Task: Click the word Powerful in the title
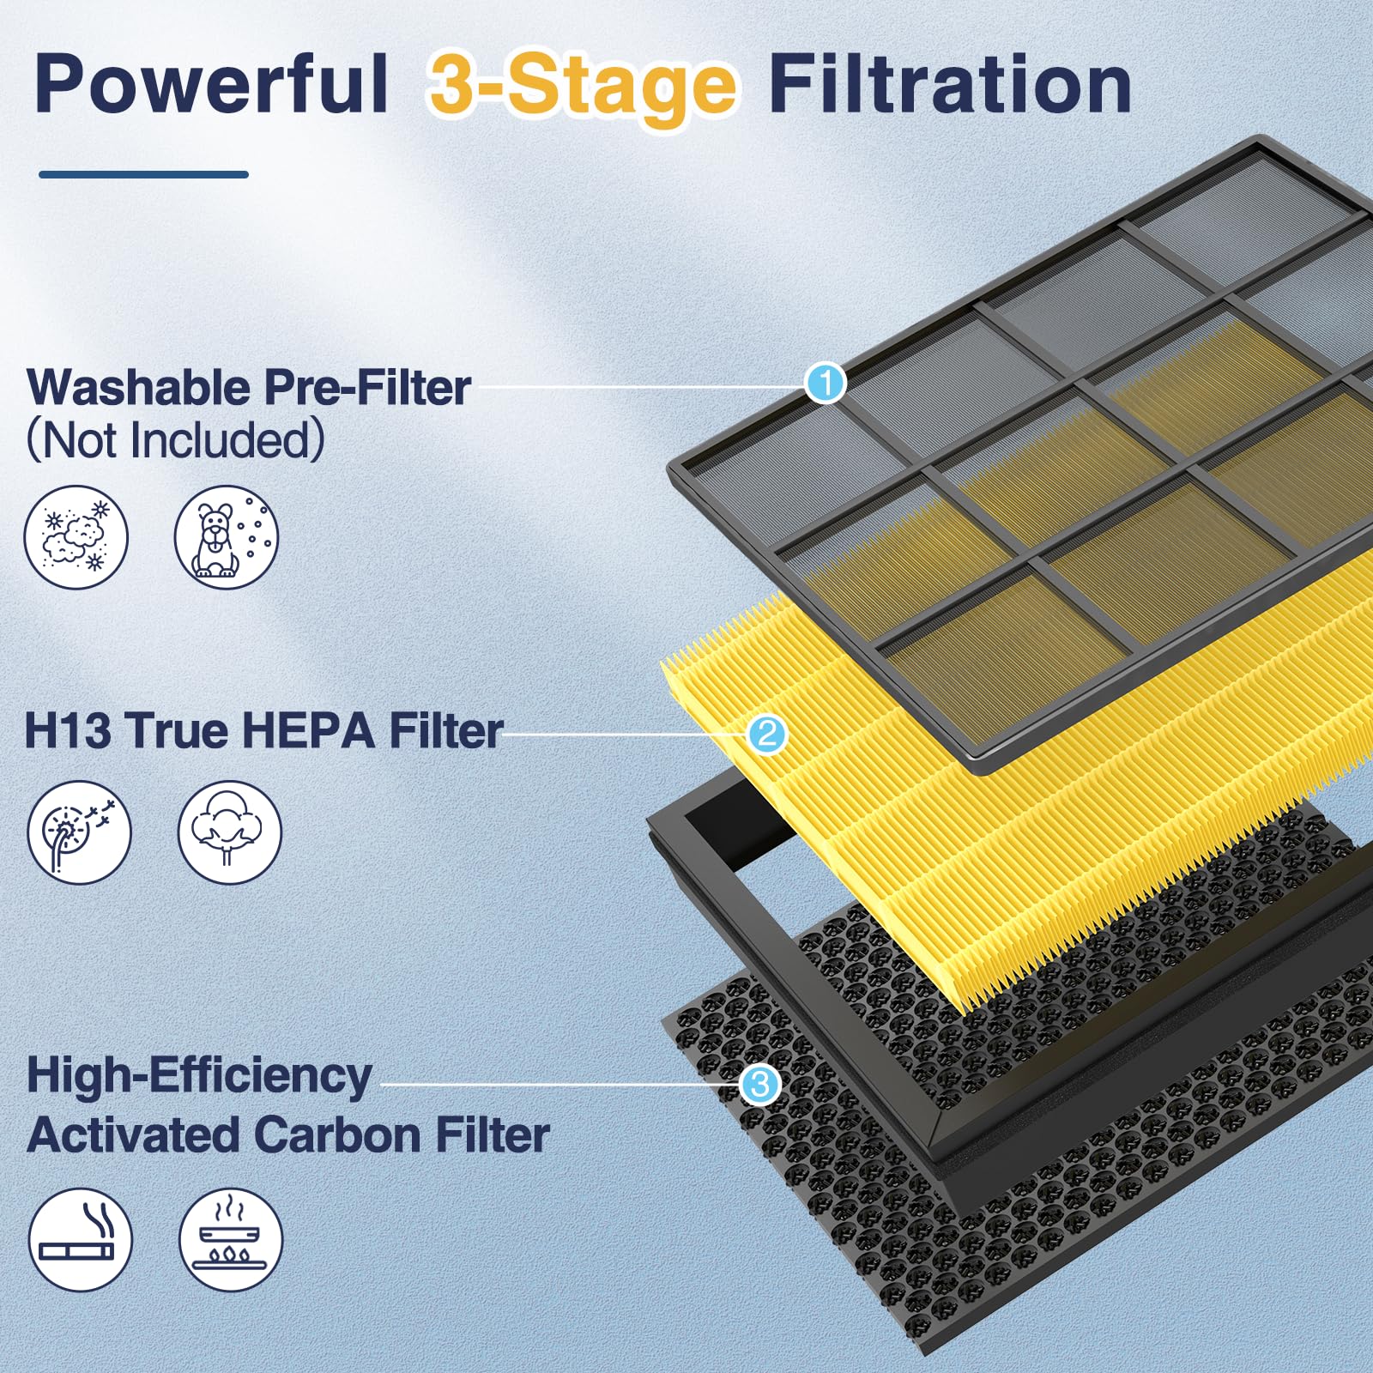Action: coord(210,84)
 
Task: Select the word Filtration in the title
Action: coord(949,84)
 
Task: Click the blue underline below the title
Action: coord(143,174)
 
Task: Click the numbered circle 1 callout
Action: coord(826,383)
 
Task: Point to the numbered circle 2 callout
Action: coord(766,734)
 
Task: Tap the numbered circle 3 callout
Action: coord(759,1085)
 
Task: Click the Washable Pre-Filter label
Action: coord(249,387)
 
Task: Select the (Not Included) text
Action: coord(176,439)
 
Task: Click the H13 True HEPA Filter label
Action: coord(263,730)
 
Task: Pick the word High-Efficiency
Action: coord(199,1075)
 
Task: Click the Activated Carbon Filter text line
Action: coord(288,1134)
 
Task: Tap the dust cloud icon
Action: coord(76,537)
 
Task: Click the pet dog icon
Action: coord(227,537)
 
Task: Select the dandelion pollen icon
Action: coord(79,832)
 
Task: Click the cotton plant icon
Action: coord(229,832)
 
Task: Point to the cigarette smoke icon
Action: coord(80,1239)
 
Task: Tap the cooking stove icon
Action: coord(230,1239)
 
